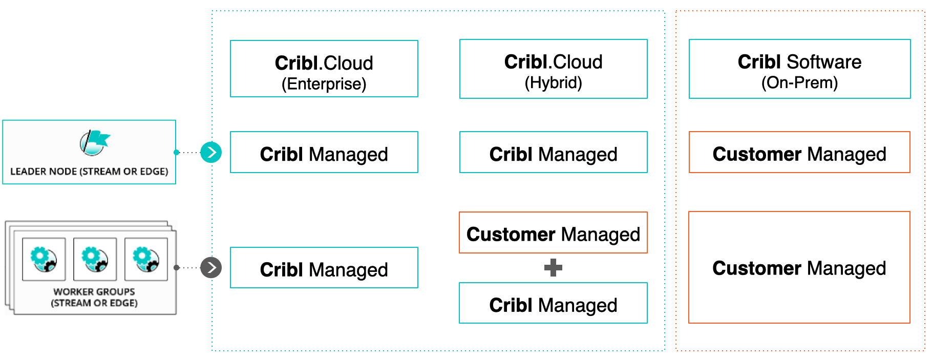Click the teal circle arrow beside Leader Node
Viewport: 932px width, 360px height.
pos(211,152)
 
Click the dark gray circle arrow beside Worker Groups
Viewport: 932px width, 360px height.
pos(211,267)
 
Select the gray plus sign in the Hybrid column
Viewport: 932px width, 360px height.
pos(553,267)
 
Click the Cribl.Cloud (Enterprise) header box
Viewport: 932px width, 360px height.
pos(324,69)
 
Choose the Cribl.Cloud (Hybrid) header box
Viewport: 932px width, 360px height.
pos(553,69)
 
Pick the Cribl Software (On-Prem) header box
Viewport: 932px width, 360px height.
pos(799,69)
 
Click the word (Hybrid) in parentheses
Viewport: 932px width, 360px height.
pos(553,82)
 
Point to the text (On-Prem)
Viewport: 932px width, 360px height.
pos(799,82)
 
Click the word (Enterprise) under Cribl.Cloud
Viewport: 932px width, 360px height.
pos(324,84)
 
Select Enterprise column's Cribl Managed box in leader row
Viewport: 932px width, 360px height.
pos(324,152)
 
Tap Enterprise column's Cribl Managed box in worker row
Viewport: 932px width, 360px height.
pos(324,268)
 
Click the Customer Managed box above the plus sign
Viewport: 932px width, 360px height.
pos(553,232)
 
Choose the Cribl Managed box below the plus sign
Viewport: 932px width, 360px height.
pos(553,303)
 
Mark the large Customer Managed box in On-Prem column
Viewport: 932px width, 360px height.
pos(799,267)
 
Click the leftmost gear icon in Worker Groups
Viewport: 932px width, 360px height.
pos(44,259)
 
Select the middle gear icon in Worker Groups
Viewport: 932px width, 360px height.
pos(95,259)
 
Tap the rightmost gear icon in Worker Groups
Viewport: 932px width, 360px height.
pos(146,259)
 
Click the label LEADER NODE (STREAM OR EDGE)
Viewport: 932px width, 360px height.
pos(89,172)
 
